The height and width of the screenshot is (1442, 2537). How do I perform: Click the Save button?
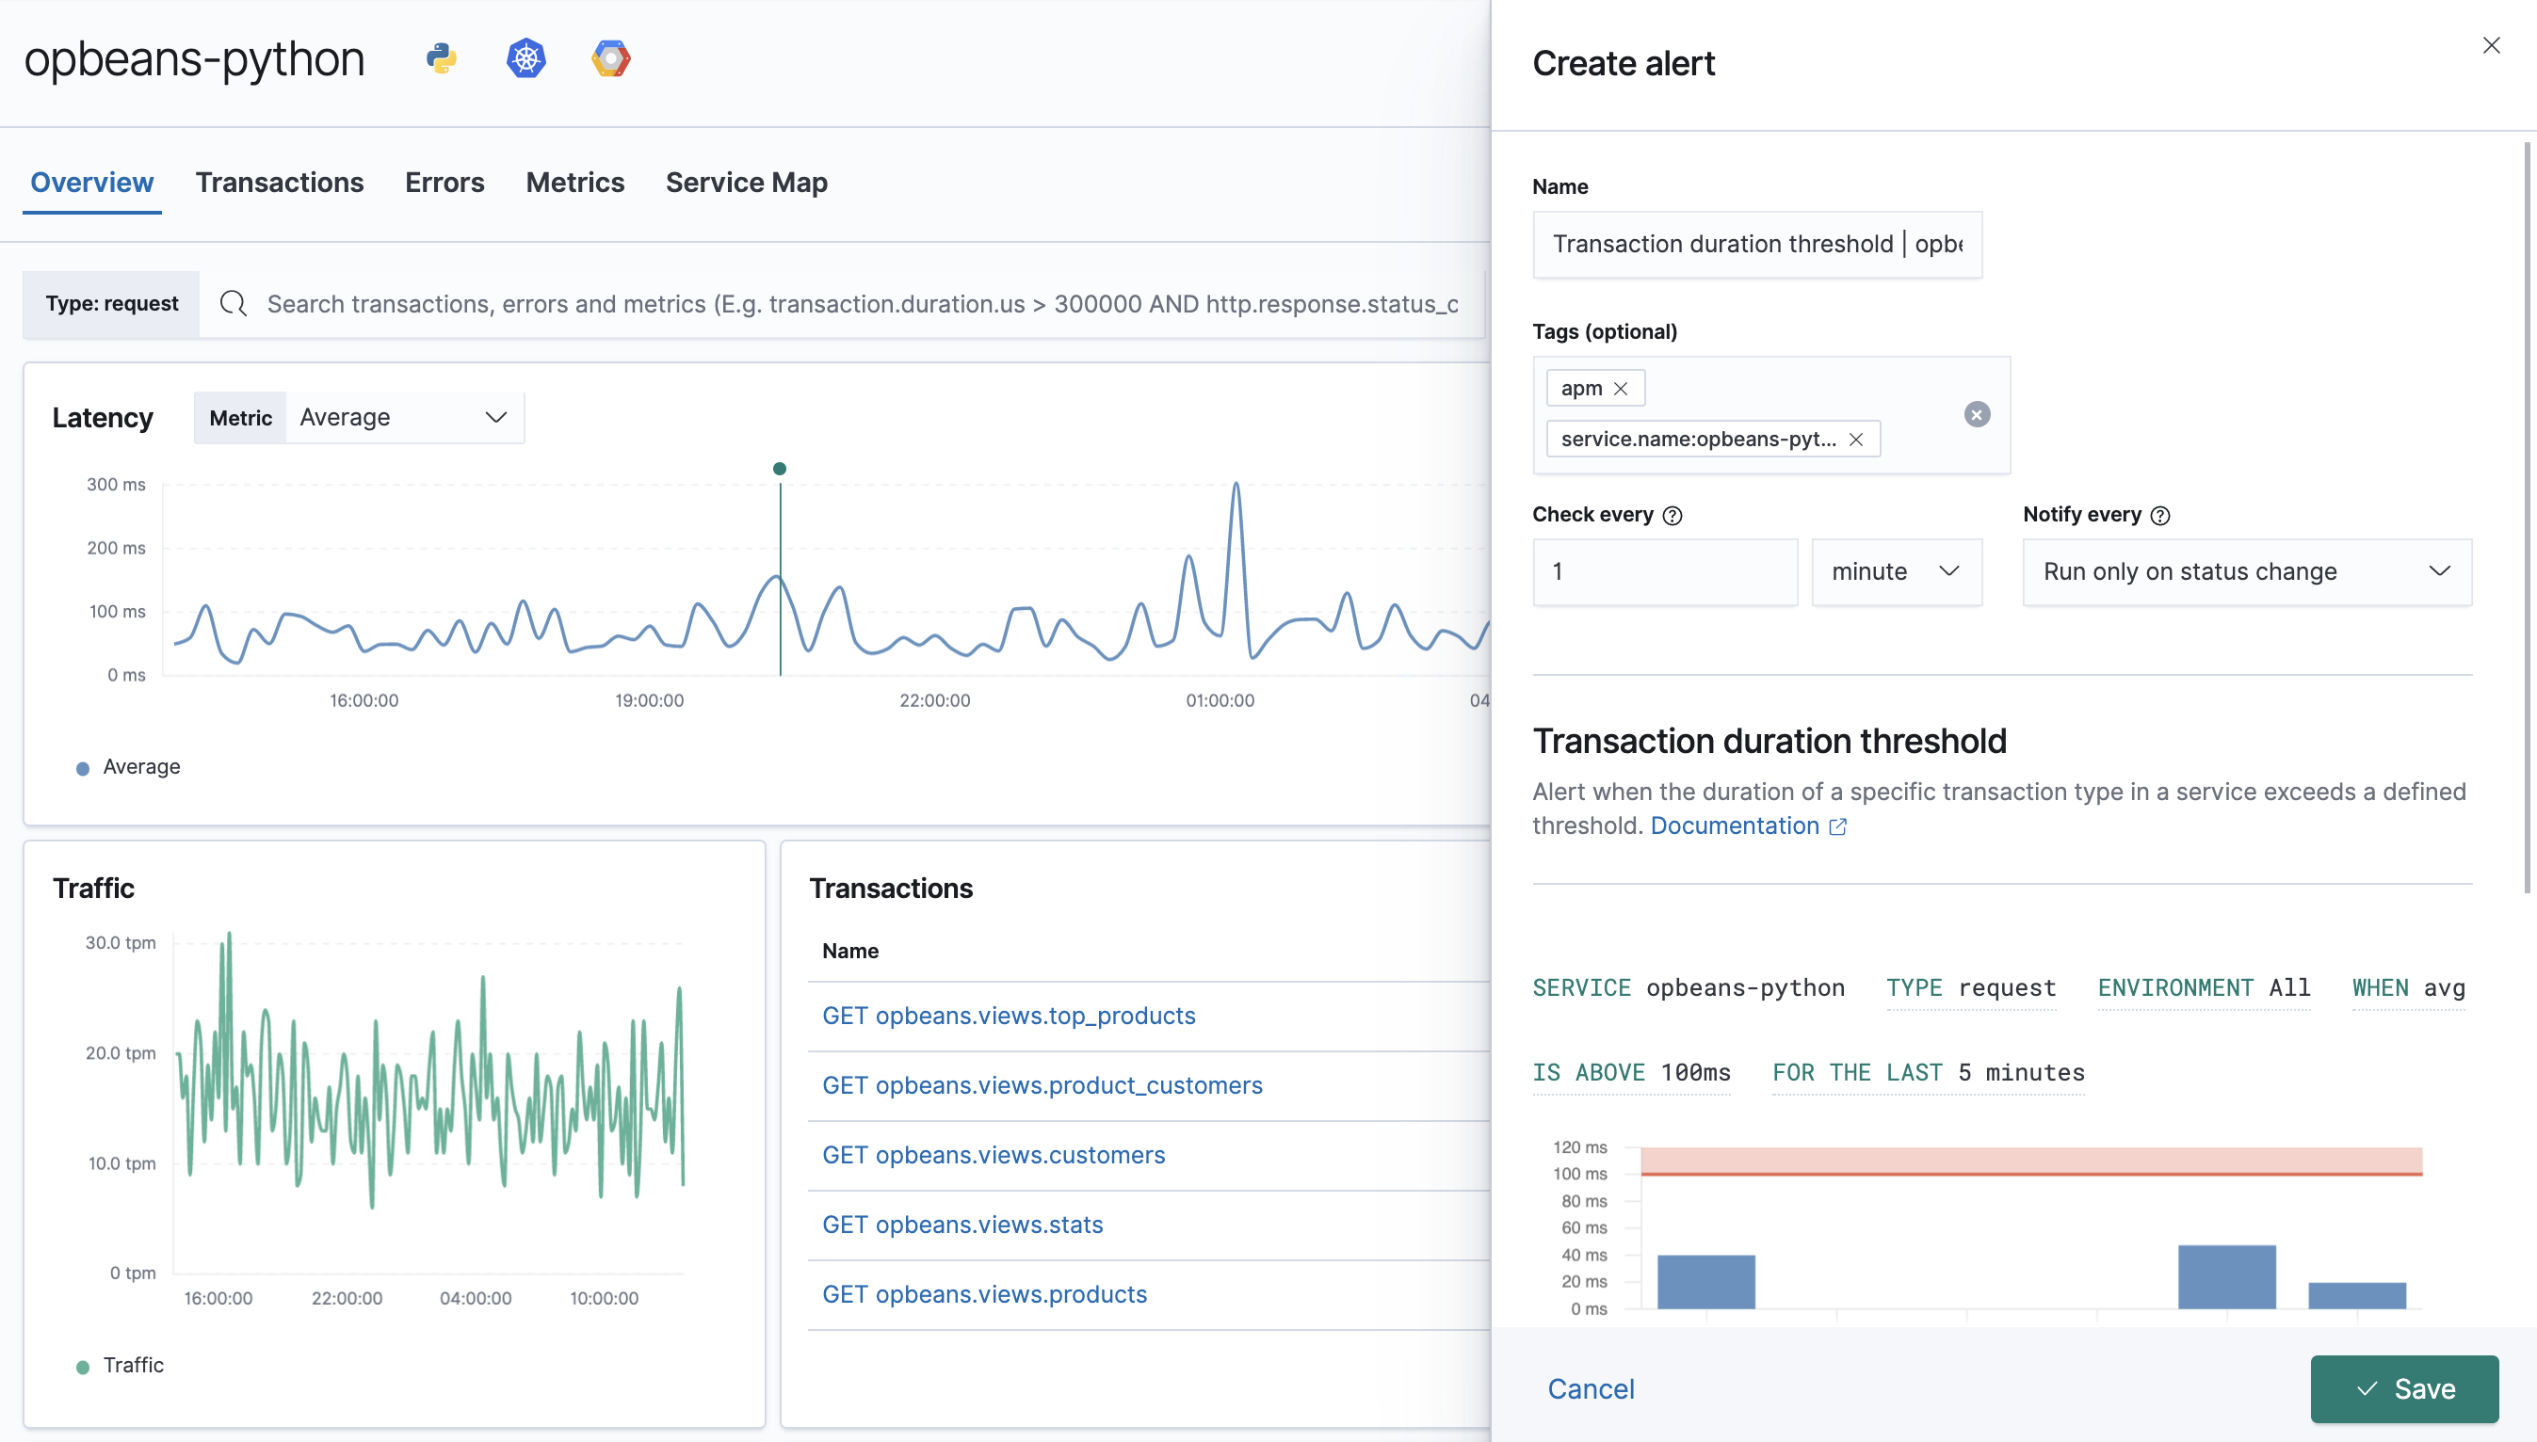click(2403, 1388)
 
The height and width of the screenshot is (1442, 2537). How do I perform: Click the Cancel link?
click(1590, 1388)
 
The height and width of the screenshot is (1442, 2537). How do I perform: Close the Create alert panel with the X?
click(2491, 45)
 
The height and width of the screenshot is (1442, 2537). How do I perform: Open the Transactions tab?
click(280, 183)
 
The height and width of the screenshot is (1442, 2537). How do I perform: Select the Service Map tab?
click(746, 183)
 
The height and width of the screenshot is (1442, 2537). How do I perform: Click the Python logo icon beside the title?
click(441, 58)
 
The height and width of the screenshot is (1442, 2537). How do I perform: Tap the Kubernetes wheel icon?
click(526, 58)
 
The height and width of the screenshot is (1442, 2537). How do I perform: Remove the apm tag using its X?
click(1621, 388)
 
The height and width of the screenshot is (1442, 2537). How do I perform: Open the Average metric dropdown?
click(404, 418)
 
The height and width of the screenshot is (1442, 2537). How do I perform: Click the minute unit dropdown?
click(1895, 571)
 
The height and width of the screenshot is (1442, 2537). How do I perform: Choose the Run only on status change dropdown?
click(2246, 571)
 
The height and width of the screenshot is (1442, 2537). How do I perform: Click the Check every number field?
click(1663, 571)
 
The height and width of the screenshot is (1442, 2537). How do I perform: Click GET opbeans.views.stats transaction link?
click(961, 1226)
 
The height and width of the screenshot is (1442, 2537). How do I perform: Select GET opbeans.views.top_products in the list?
click(1009, 1017)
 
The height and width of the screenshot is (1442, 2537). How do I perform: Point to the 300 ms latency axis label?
click(116, 485)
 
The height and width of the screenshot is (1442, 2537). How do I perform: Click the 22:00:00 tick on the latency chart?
click(934, 700)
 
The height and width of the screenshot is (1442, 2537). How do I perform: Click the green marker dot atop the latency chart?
click(780, 469)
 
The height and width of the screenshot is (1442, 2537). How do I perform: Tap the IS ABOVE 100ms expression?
click(1630, 1073)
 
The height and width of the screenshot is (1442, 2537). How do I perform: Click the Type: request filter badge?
click(112, 304)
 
